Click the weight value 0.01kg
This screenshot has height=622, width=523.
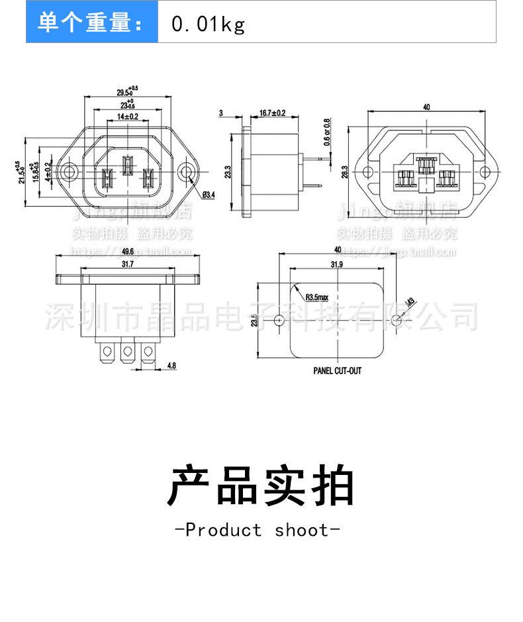click(x=208, y=25)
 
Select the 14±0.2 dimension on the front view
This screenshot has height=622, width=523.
click(x=128, y=117)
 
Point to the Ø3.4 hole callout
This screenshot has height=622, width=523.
click(x=206, y=195)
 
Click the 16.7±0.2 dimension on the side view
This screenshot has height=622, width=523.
click(x=272, y=113)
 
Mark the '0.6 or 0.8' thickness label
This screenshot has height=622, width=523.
click(x=326, y=132)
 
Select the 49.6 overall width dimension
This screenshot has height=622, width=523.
click(x=128, y=252)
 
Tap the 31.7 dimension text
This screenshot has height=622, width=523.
click(x=128, y=264)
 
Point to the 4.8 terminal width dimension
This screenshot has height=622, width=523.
click(x=171, y=365)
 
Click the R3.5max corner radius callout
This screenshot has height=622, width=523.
click(x=317, y=299)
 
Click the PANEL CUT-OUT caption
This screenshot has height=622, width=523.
click(x=338, y=372)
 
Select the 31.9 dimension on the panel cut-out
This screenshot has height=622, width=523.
click(x=337, y=264)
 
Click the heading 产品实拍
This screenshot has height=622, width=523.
click(x=261, y=486)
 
